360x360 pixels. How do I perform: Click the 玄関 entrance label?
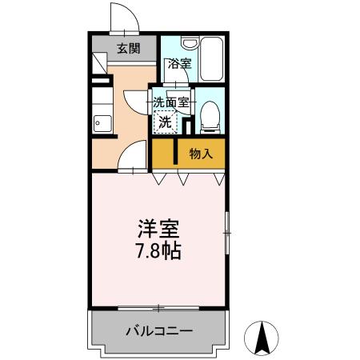[x=128, y=48]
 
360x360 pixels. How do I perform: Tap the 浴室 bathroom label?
[x=179, y=64]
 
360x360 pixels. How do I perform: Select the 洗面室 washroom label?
[x=172, y=102]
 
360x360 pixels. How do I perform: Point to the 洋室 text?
[x=158, y=228]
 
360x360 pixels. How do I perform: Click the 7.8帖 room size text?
[x=158, y=252]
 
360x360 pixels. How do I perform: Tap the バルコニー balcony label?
[x=158, y=330]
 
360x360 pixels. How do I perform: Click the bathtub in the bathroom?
[x=211, y=59]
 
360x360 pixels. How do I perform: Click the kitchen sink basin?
[x=101, y=123]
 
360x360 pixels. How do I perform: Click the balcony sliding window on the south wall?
[x=158, y=308]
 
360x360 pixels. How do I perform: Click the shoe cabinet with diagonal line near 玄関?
[x=99, y=63]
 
